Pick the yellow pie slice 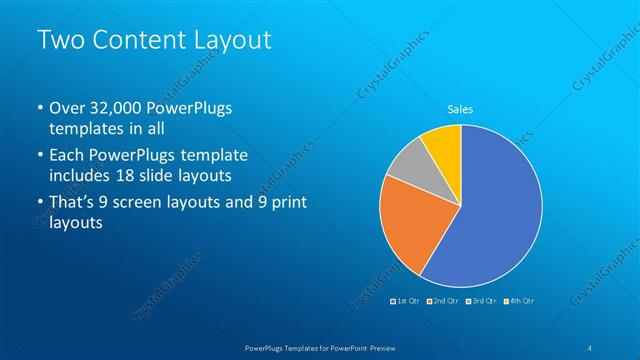click(443, 144)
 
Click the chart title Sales click(460, 109)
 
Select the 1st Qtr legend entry click(405, 300)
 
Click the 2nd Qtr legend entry click(443, 300)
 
